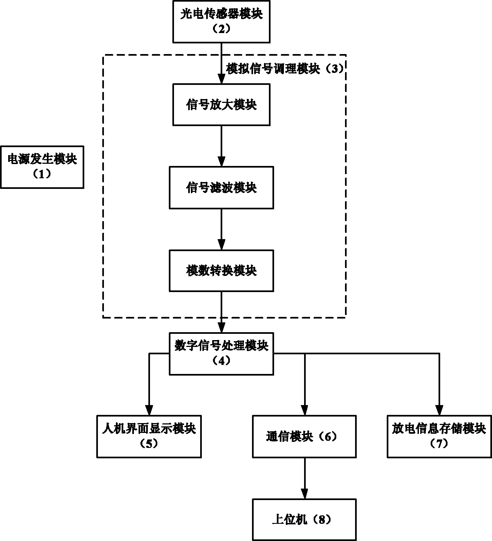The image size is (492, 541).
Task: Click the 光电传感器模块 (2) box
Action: coord(221,21)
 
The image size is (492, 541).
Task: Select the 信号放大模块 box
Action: coord(221,105)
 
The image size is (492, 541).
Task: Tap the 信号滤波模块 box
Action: coord(221,188)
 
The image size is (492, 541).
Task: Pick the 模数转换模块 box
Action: coord(221,271)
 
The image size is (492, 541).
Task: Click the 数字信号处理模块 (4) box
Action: coord(221,354)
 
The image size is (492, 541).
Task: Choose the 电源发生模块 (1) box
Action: coord(42,167)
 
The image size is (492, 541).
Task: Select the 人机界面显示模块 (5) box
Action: coord(149,436)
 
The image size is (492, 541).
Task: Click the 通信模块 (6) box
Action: coord(304,436)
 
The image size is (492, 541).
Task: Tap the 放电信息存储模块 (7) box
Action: coord(439,436)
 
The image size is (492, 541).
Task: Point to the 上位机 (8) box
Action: coord(304,519)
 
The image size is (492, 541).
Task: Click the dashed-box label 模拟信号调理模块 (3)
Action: coord(285,69)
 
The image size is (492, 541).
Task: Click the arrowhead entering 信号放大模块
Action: coord(221,79)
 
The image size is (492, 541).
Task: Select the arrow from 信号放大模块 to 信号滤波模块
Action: coord(221,146)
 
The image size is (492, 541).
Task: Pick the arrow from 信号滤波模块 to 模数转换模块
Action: coord(221,229)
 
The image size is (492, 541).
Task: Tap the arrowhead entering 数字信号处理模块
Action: coord(221,328)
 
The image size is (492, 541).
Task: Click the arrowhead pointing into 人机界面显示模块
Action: coord(149,411)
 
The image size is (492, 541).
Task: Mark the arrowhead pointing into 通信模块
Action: coord(304,411)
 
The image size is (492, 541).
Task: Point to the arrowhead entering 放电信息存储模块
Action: coord(439,411)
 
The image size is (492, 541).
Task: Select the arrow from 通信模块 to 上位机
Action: coord(304,478)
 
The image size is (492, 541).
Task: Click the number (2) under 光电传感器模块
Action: coord(221,29)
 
